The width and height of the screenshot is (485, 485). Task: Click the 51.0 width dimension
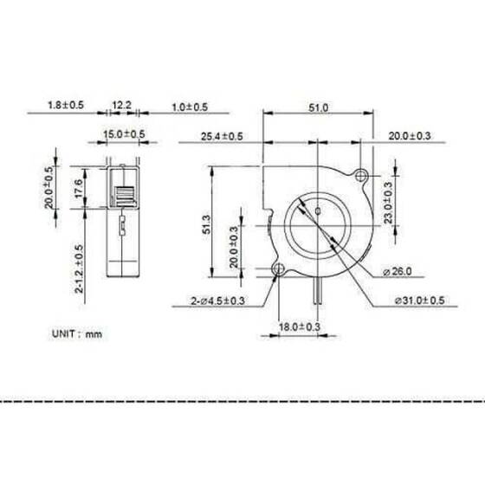coord(319,107)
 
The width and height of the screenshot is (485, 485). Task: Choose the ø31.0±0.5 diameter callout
coord(419,301)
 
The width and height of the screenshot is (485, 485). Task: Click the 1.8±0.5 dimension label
coord(67,107)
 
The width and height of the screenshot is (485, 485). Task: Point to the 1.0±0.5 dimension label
coord(189,107)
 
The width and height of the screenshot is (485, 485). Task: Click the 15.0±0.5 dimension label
coord(125,133)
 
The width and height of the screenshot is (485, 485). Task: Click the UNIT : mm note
coord(77,333)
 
